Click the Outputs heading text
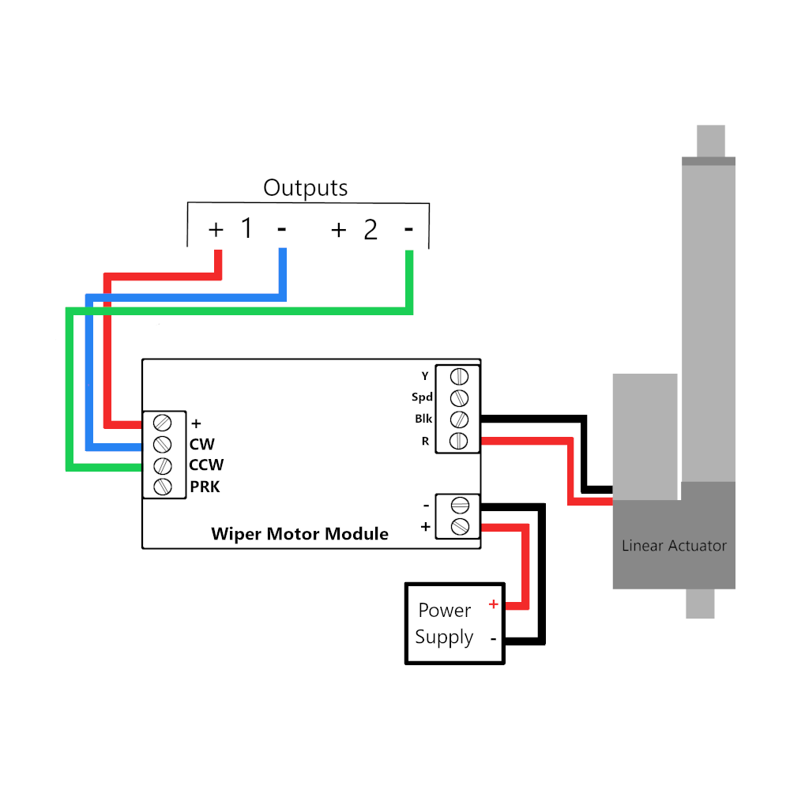pyautogui.click(x=305, y=188)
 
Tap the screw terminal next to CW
pyautogui.click(x=163, y=443)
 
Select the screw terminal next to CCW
pyautogui.click(x=163, y=465)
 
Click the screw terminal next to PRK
pyautogui.click(x=163, y=487)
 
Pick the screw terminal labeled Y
pyautogui.click(x=459, y=376)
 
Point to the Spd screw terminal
pyautogui.click(x=459, y=397)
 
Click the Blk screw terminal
pyautogui.click(x=459, y=419)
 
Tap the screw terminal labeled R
pyautogui.click(x=459, y=440)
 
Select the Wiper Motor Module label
pyautogui.click(x=299, y=534)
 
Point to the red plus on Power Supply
pyautogui.click(x=493, y=604)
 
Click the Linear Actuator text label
pyautogui.click(x=674, y=546)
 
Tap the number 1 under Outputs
pyautogui.click(x=246, y=229)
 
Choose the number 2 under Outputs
pyautogui.click(x=371, y=230)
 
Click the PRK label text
pyautogui.click(x=205, y=487)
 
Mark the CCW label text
pyautogui.click(x=206, y=465)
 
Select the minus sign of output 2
pyautogui.click(x=408, y=229)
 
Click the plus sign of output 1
pyautogui.click(x=216, y=229)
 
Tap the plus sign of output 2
pyautogui.click(x=338, y=229)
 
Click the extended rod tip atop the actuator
pyautogui.click(x=710, y=141)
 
